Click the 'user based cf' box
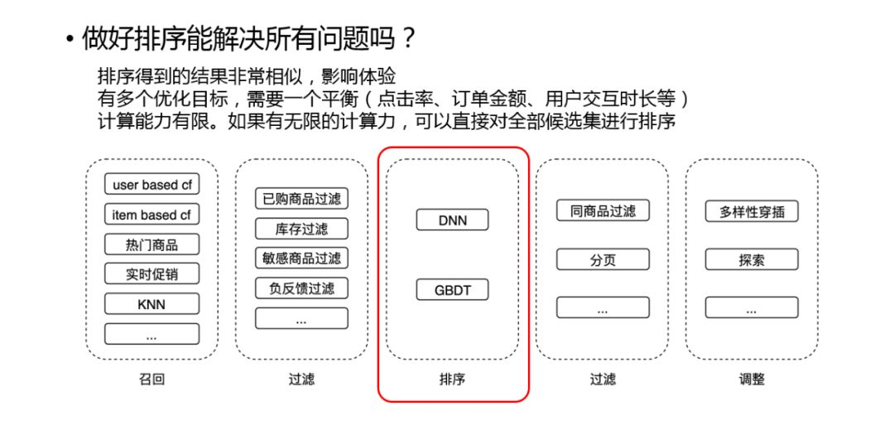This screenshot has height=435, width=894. [x=151, y=185]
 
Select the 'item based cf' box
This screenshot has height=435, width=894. [x=151, y=215]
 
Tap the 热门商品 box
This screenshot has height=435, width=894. [x=151, y=244]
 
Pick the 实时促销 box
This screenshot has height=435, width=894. [x=151, y=274]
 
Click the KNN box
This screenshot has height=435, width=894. [x=151, y=304]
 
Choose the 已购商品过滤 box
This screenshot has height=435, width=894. [x=301, y=199]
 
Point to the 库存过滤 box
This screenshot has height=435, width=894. [x=301, y=229]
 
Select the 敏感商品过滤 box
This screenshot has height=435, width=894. [x=301, y=258]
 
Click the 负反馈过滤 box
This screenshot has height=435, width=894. [x=301, y=288]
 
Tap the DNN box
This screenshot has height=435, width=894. [x=452, y=220]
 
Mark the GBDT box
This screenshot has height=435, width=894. [x=452, y=291]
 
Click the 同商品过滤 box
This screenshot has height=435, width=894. [x=602, y=210]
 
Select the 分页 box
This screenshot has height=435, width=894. [x=602, y=259]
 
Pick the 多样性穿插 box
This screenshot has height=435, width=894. [x=752, y=210]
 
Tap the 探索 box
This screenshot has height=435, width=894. [x=752, y=259]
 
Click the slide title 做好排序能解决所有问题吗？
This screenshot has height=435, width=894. [x=248, y=37]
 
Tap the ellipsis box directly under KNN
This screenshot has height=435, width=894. [x=151, y=335]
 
